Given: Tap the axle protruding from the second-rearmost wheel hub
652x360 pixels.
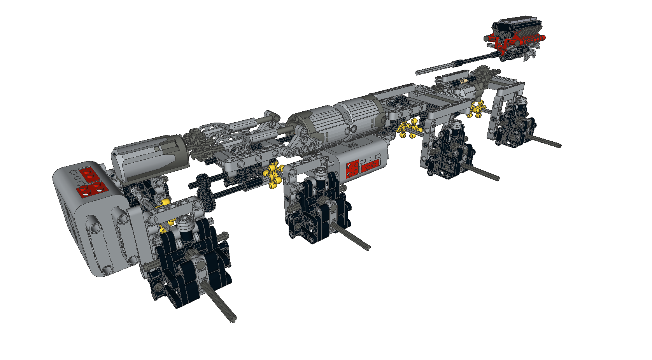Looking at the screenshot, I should [x=482, y=173].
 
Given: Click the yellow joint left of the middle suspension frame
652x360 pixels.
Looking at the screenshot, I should [x=273, y=175].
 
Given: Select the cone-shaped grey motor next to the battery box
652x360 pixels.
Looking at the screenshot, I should [x=148, y=158].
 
